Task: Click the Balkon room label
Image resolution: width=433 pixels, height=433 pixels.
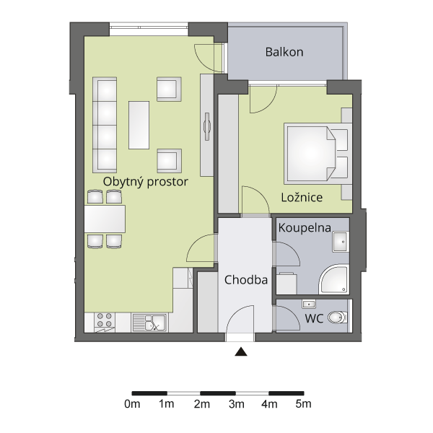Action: (284, 52)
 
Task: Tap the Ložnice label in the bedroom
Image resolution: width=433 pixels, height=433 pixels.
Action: (302, 197)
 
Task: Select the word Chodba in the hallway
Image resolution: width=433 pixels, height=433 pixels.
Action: (246, 280)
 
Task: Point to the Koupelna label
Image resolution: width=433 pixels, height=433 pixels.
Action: (305, 227)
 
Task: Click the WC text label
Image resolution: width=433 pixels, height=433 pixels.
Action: (314, 318)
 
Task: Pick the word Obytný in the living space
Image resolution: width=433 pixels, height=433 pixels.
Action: (123, 183)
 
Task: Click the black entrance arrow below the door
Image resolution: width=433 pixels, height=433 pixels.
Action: (241, 351)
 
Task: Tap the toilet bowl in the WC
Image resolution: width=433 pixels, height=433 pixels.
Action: (337, 318)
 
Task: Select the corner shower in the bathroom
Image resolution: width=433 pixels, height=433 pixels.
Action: (334, 279)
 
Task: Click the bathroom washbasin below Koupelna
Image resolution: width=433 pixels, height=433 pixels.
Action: (341, 242)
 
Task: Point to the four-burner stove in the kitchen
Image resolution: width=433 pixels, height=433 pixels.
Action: (105, 323)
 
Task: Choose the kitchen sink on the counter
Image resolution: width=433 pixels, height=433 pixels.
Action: (149, 323)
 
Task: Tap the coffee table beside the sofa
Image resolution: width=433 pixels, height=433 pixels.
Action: (139, 125)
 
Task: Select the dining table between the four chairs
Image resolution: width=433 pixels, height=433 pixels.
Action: (105, 219)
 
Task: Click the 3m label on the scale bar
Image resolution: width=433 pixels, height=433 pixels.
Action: (237, 404)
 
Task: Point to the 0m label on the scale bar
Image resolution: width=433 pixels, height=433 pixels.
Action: (132, 404)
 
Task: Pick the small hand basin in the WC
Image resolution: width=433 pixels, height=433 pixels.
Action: (309, 304)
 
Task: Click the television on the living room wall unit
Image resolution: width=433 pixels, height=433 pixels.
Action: (207, 126)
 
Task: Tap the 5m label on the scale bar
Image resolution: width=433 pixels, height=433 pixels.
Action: (304, 404)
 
